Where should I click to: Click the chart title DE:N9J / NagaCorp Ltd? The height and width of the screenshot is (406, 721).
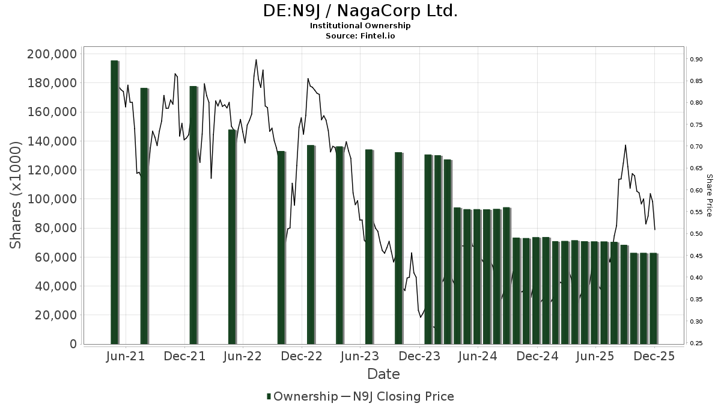pyautogui.click(x=360, y=11)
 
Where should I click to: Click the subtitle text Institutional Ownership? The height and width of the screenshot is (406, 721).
pyautogui.click(x=360, y=26)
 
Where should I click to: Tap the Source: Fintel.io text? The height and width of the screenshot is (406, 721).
pyautogui.click(x=360, y=35)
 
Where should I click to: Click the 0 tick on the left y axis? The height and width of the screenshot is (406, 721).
pyautogui.click(x=73, y=344)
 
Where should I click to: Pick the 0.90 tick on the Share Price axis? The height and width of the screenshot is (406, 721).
pyautogui.click(x=696, y=59)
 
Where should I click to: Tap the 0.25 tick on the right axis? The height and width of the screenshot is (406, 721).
pyautogui.click(x=696, y=343)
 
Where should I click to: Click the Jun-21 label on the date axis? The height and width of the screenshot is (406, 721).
pyautogui.click(x=125, y=356)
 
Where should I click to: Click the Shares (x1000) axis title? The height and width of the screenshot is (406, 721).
pyautogui.click(x=17, y=195)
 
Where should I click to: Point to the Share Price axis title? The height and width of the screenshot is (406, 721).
pyautogui.click(x=709, y=195)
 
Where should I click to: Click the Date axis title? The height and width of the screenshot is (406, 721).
pyautogui.click(x=383, y=374)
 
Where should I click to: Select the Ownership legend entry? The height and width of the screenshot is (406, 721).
pyautogui.click(x=302, y=396)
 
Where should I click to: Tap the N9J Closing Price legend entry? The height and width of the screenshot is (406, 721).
pyautogui.click(x=403, y=396)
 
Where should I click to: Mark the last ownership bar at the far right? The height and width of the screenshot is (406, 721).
pyautogui.click(x=653, y=298)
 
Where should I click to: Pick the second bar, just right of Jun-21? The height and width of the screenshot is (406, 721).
pyautogui.click(x=144, y=216)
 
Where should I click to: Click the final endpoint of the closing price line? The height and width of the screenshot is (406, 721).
pyautogui.click(x=654, y=229)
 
